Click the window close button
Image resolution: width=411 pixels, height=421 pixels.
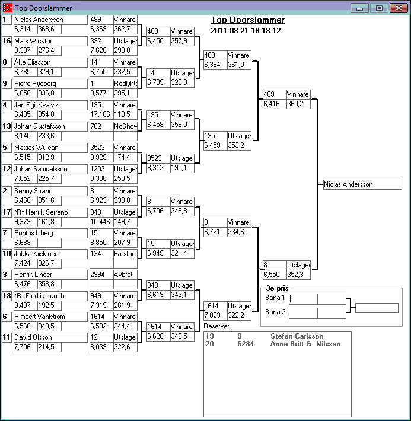[x=399, y=8]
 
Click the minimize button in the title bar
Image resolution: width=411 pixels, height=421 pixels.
[x=359, y=8]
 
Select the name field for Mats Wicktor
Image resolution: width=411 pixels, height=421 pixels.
[x=50, y=41]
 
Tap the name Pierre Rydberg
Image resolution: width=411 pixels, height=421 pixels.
[x=35, y=84]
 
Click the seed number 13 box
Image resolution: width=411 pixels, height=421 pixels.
[x=7, y=126]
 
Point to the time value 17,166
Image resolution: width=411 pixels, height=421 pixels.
[x=100, y=114]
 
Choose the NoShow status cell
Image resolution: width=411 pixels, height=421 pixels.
[x=126, y=126]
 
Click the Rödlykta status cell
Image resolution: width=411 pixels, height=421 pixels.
[x=126, y=84]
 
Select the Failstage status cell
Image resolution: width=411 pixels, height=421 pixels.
[x=126, y=254]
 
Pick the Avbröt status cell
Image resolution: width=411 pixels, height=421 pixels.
[x=126, y=275]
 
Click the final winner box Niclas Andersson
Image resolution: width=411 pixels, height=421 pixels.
[x=362, y=184]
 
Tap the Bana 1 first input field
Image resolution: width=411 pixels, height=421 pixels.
[x=303, y=299]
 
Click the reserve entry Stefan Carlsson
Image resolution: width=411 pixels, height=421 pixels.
[x=297, y=336]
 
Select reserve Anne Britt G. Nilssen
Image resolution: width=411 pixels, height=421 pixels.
[x=305, y=344]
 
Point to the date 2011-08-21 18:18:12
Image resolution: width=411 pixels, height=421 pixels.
[x=246, y=31]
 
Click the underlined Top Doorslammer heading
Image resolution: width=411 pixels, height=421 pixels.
[x=247, y=20]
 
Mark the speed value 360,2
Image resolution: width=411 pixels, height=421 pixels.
[x=295, y=104]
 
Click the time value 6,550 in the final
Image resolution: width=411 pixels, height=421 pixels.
[x=272, y=275]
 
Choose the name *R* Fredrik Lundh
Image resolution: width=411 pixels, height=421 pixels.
[x=40, y=296]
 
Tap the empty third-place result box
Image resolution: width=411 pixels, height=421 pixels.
[x=377, y=308]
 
